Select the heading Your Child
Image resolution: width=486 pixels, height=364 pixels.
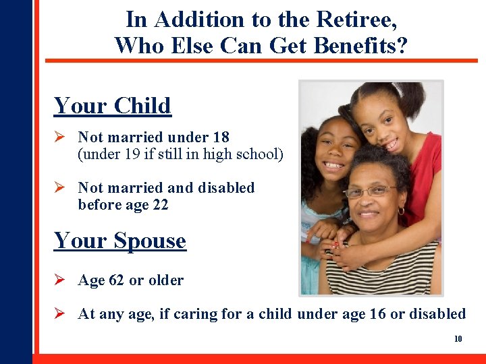(x=112, y=106)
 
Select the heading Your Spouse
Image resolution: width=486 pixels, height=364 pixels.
(x=119, y=241)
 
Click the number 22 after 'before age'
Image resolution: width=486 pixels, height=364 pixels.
(x=160, y=204)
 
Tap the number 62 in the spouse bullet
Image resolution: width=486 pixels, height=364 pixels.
(x=116, y=280)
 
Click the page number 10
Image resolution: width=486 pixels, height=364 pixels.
(x=458, y=338)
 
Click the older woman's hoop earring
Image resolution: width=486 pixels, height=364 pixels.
(x=401, y=211)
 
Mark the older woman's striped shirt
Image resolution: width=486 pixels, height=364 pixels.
(x=398, y=270)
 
